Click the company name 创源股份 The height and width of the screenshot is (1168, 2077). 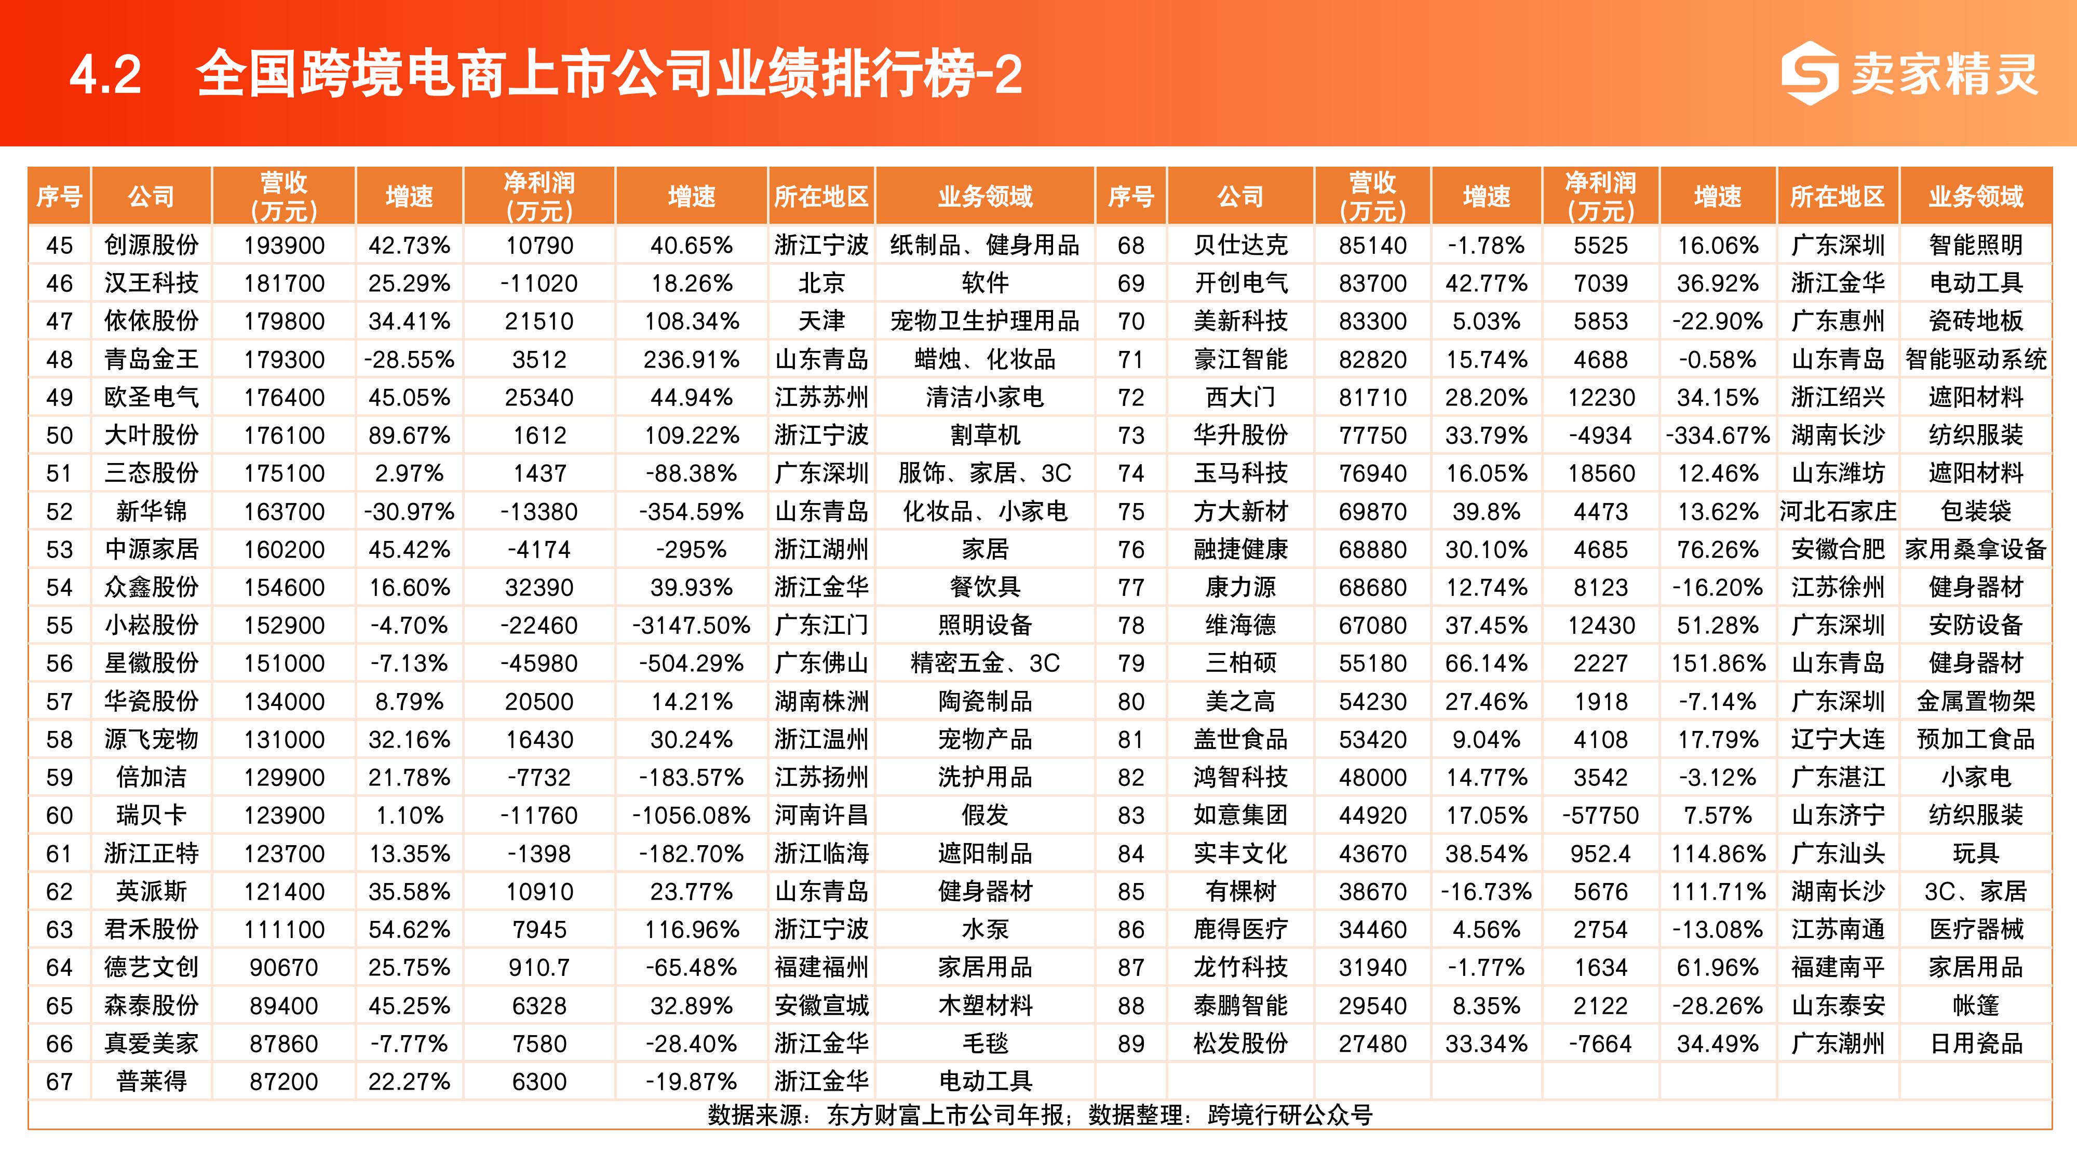pyautogui.click(x=151, y=245)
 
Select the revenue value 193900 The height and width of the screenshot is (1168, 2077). pyautogui.click(x=284, y=245)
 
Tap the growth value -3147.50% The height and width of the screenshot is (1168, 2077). pyautogui.click(x=691, y=626)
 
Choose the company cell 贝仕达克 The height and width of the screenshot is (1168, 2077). pyautogui.click(x=1240, y=245)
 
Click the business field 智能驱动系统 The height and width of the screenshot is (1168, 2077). pyautogui.click(x=1975, y=360)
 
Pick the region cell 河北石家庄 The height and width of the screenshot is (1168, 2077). pyautogui.click(x=1838, y=511)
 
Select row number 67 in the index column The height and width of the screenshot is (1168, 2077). pyautogui.click(x=60, y=1082)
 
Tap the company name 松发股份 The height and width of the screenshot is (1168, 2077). pyautogui.click(x=1240, y=1044)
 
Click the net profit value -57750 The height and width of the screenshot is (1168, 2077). pyautogui.click(x=1600, y=816)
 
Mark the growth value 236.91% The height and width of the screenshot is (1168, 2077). pyautogui.click(x=691, y=360)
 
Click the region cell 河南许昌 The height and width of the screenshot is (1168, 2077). pyautogui.click(x=821, y=816)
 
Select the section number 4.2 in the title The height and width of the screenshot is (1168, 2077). pyautogui.click(x=105, y=75)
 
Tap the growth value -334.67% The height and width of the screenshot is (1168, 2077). pyautogui.click(x=1717, y=436)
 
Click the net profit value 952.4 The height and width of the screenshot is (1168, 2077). pyautogui.click(x=1600, y=853)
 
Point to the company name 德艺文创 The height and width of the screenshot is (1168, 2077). pyautogui.click(x=151, y=967)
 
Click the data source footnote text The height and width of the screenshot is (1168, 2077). pyautogui.click(x=1040, y=1115)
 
